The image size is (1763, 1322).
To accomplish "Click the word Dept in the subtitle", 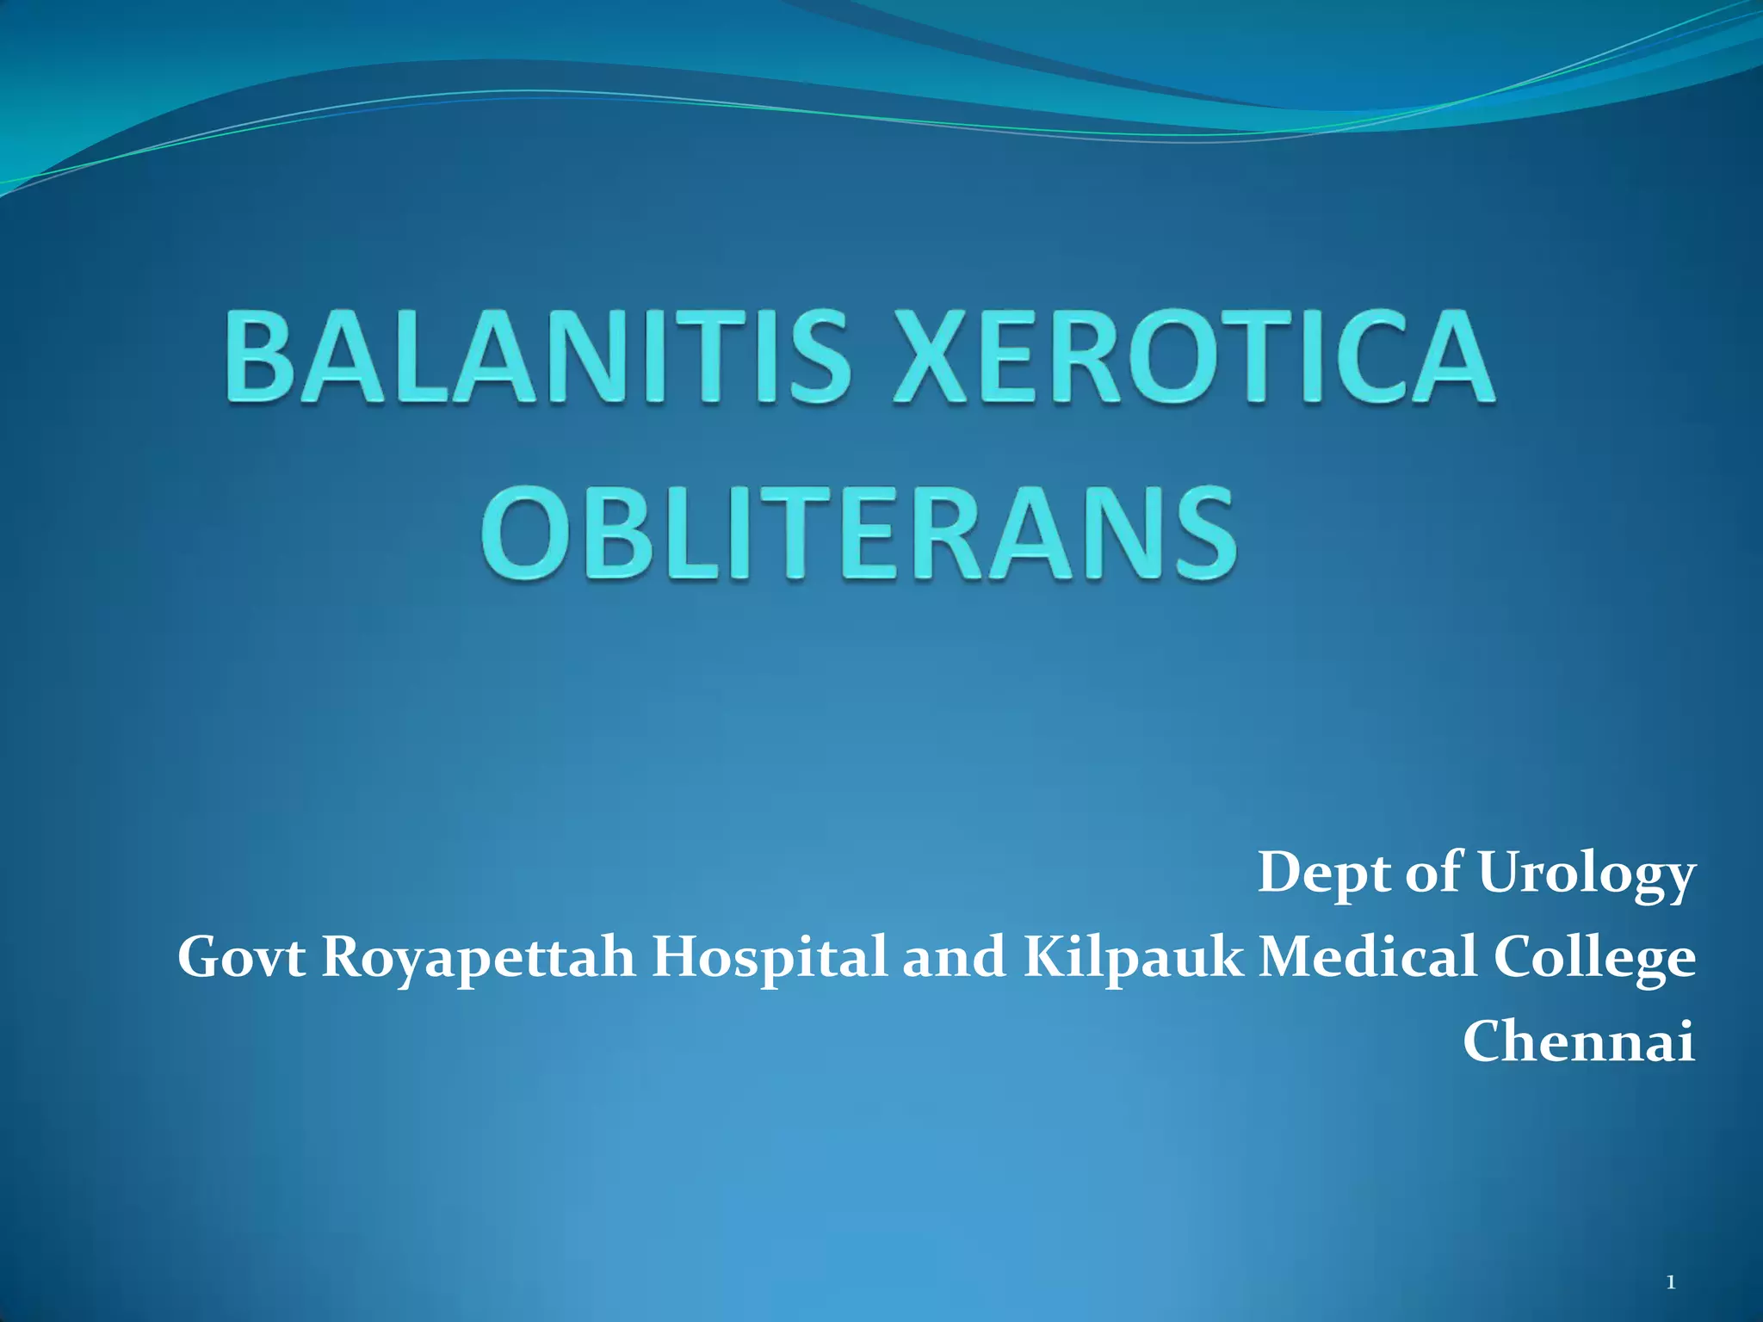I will point(1323,874).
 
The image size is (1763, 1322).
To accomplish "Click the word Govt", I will point(241,957).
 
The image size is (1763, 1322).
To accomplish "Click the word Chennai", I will point(1579,1041).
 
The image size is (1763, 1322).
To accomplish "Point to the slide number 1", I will point(1670,1283).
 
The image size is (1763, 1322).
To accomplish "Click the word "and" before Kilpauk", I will point(954,957).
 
